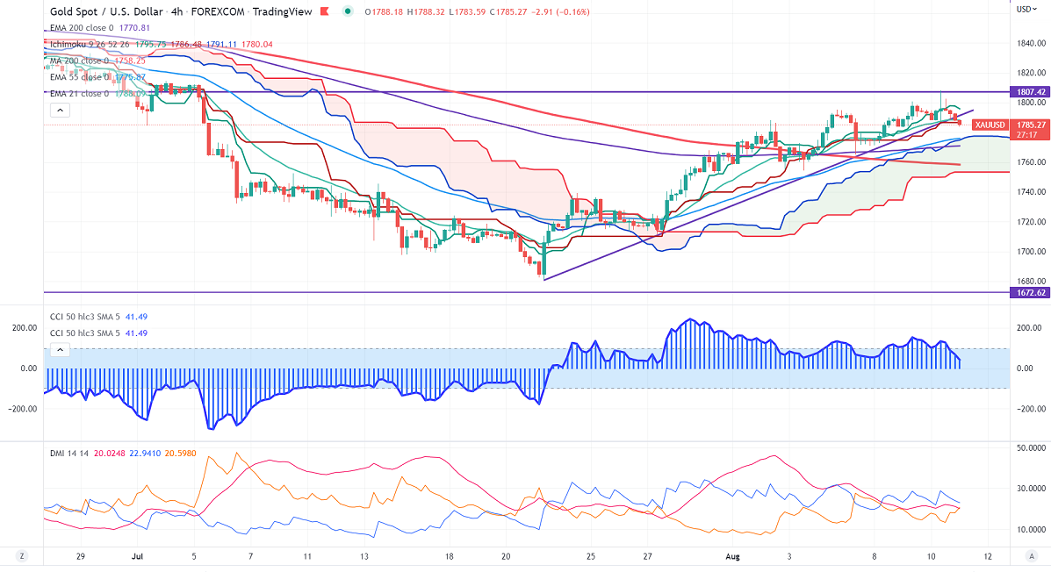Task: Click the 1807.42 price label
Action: point(1030,91)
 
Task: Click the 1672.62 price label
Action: point(1030,292)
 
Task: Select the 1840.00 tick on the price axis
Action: point(1029,43)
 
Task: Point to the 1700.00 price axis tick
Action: point(1029,252)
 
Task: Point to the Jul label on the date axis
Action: point(137,556)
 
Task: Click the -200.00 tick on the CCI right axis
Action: point(1029,409)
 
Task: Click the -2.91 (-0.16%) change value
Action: point(563,11)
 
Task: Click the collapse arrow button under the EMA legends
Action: point(59,111)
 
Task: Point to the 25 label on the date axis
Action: point(591,556)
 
